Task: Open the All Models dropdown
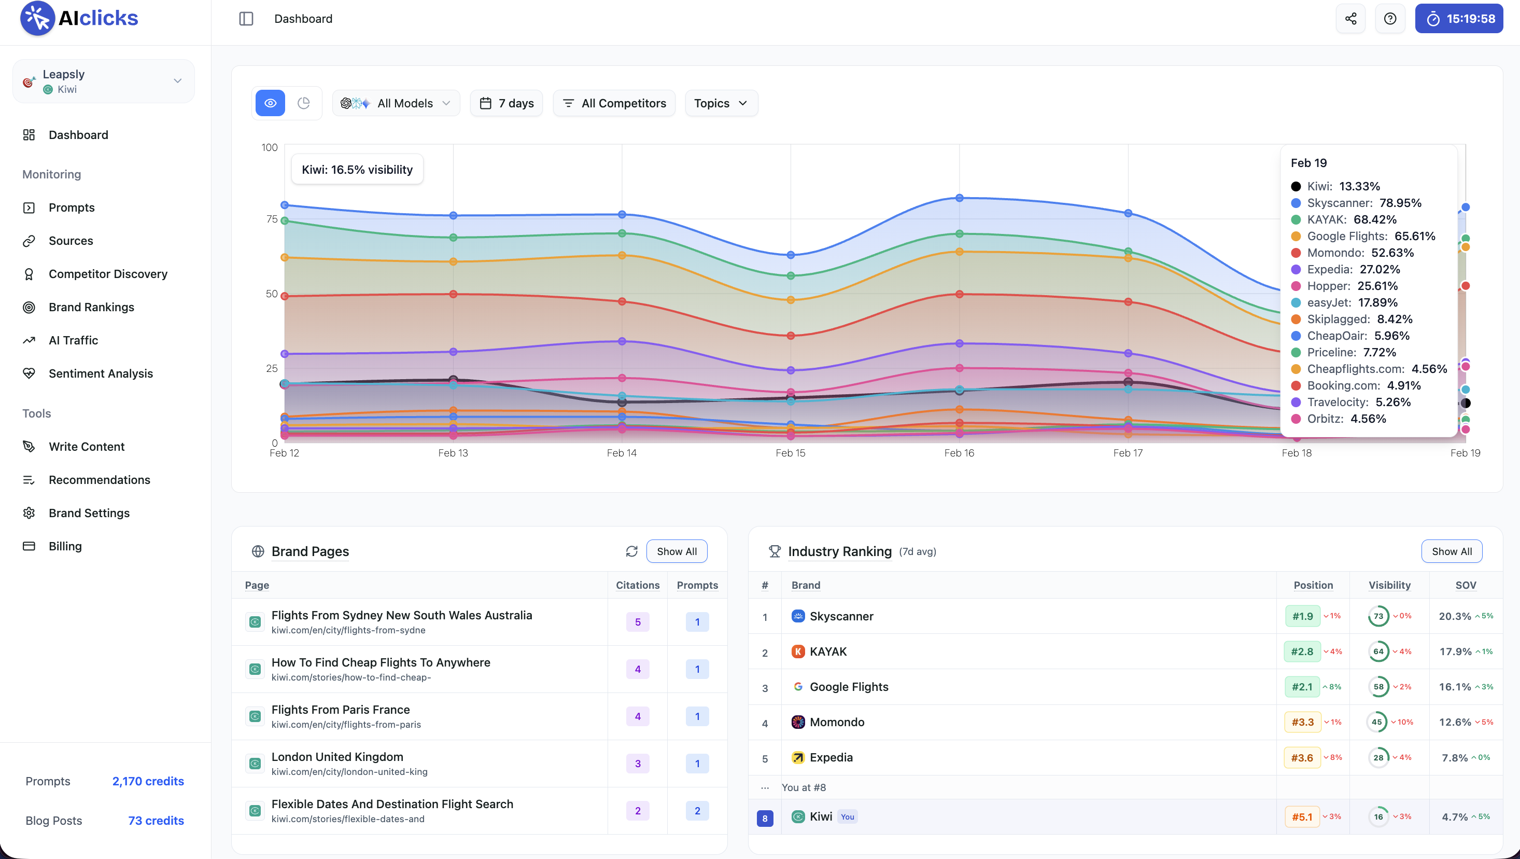(x=396, y=103)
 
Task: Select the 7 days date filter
(x=506, y=103)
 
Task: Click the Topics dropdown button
(x=721, y=103)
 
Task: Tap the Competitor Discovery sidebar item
(x=108, y=274)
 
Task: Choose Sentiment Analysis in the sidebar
(x=100, y=373)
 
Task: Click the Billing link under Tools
(x=65, y=546)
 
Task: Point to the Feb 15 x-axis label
(x=790, y=453)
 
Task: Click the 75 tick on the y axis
(x=272, y=219)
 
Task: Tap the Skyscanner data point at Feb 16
(x=960, y=198)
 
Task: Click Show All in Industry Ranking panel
(x=1451, y=551)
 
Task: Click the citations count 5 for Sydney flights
(x=637, y=621)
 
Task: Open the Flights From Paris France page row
(x=341, y=710)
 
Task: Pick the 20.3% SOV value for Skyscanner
(x=1455, y=616)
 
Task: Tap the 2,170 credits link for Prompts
(x=148, y=781)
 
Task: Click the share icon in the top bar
(x=1350, y=19)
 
